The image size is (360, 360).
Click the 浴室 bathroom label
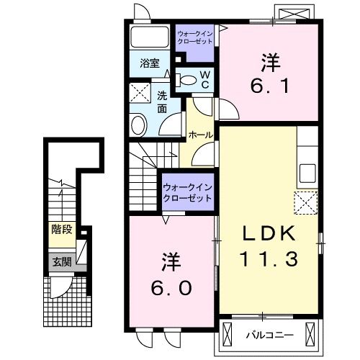[x=150, y=63]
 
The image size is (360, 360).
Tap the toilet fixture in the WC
[x=186, y=80]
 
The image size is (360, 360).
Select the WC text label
[x=205, y=80]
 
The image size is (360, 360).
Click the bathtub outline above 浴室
[x=150, y=37]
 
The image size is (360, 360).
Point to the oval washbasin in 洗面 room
[x=139, y=125]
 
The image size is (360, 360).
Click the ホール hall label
[x=201, y=135]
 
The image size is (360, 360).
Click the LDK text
[x=269, y=233]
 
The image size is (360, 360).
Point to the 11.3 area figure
[x=269, y=258]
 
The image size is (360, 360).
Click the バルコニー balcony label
[x=270, y=335]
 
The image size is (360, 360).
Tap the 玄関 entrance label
[x=62, y=262]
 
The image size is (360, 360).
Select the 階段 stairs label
[x=62, y=230]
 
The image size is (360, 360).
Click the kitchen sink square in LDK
[x=307, y=174]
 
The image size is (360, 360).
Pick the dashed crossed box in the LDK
[x=306, y=203]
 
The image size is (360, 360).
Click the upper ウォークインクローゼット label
[x=195, y=37]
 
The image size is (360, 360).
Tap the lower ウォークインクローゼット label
[x=188, y=192]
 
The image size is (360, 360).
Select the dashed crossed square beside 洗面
[x=140, y=92]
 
